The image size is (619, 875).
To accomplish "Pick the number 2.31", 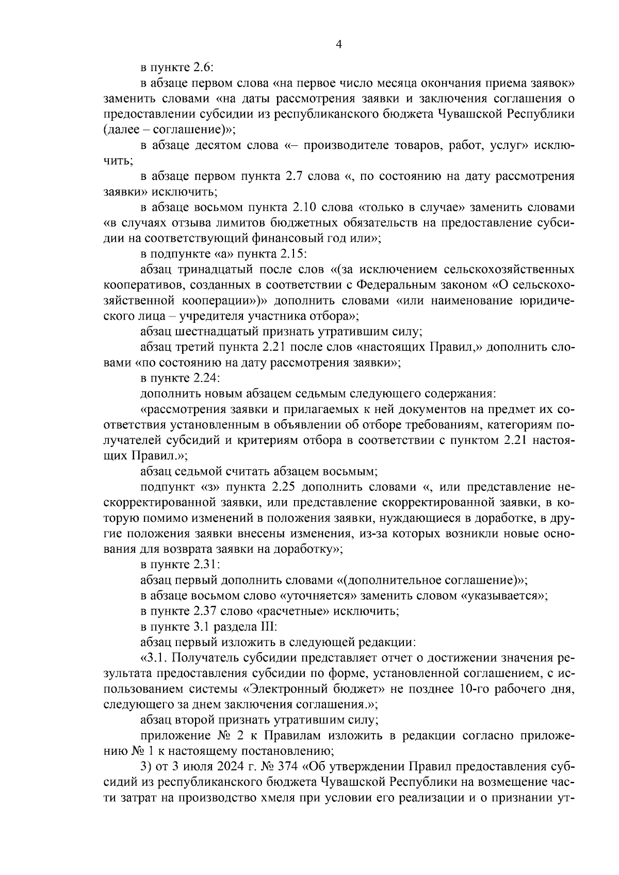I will pos(206,565).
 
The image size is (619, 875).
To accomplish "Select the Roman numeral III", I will pos(268,627).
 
